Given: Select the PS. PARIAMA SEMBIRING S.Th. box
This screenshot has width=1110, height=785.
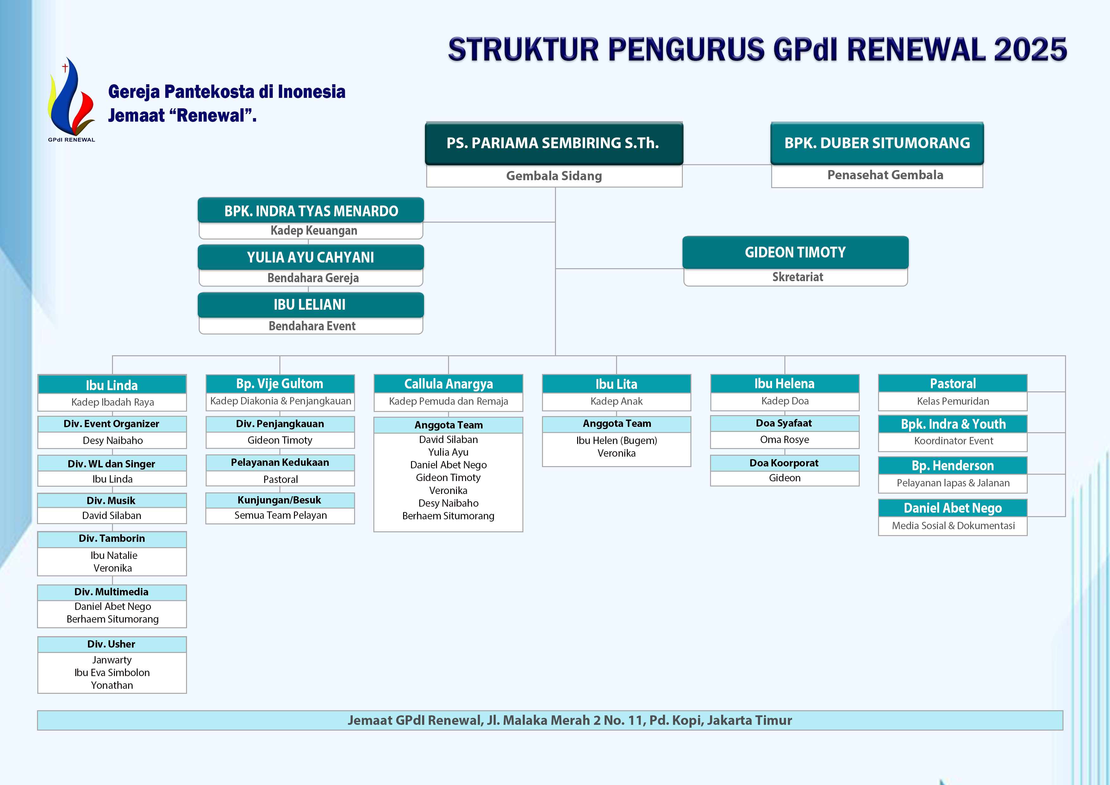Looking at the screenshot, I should click(x=553, y=143).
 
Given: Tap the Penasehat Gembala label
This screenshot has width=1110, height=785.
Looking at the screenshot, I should click(x=885, y=175).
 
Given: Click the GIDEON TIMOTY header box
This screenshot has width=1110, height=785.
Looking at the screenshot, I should click(x=795, y=252).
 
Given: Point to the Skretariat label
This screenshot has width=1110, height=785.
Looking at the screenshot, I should click(x=797, y=277).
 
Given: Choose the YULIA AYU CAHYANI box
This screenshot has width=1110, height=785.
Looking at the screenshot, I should click(x=310, y=257).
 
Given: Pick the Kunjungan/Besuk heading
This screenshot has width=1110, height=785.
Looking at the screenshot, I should click(x=279, y=500).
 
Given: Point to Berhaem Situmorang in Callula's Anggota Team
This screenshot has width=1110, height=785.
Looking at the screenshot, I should click(x=448, y=516).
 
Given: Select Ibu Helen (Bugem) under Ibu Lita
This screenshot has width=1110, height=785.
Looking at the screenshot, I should click(x=616, y=440).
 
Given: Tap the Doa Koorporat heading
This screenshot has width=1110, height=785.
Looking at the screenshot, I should click(x=784, y=463).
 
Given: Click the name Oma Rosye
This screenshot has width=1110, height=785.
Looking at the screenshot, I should click(x=784, y=440).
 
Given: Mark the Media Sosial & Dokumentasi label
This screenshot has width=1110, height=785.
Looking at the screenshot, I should click(x=953, y=526).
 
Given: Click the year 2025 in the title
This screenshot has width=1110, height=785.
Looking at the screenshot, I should click(x=1030, y=50).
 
